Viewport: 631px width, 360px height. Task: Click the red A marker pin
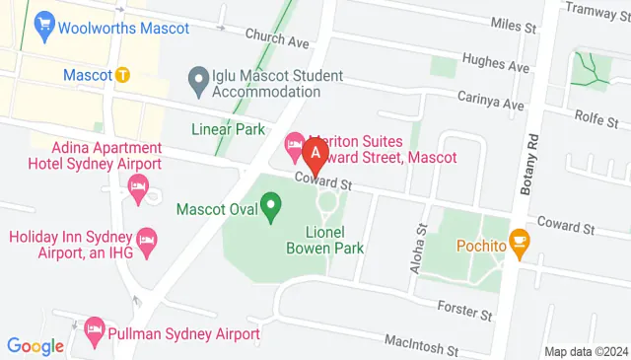[x=315, y=154]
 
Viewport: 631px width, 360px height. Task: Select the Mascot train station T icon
[x=122, y=74]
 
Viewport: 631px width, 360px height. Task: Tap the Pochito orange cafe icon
[x=520, y=243]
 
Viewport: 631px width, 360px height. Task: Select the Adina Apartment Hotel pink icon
[x=138, y=186]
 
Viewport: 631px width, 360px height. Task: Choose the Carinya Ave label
[x=490, y=100]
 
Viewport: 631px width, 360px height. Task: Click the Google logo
[x=35, y=345]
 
